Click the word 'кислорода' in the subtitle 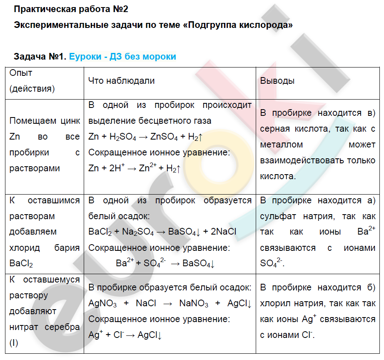[x=266, y=25]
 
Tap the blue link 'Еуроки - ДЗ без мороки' [x=122, y=57]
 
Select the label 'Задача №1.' [x=40, y=57]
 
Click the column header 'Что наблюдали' [x=121, y=81]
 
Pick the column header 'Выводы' [x=277, y=81]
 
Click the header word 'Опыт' [x=21, y=73]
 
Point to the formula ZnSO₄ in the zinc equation [x=163, y=137]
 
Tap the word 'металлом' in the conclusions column [x=282, y=145]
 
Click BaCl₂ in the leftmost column [x=21, y=264]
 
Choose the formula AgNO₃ [x=102, y=304]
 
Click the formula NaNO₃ [x=194, y=304]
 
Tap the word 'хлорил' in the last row [x=275, y=304]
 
